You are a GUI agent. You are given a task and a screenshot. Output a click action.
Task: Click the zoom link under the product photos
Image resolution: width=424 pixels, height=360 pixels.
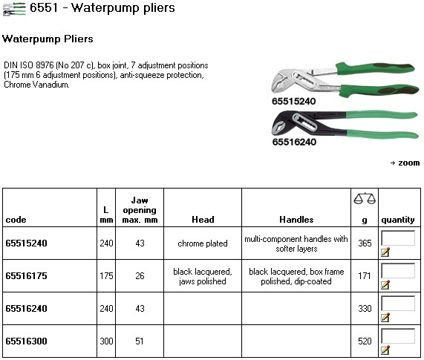pos(405,163)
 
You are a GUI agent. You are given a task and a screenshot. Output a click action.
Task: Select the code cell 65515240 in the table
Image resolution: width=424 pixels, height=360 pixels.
pos(26,243)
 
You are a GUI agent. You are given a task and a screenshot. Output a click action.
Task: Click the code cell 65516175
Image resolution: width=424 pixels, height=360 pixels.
pos(26,276)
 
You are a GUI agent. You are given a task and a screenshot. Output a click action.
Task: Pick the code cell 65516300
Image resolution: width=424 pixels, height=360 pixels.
pos(26,341)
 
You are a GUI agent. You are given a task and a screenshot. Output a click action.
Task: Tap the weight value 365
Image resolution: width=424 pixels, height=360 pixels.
pos(365,243)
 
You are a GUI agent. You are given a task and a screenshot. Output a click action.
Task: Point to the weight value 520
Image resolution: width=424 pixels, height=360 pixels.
pos(365,341)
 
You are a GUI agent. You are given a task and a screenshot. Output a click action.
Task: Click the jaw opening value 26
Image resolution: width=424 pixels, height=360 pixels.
pos(140,276)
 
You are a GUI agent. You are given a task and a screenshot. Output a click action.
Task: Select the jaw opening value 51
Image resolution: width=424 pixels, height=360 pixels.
pos(140,341)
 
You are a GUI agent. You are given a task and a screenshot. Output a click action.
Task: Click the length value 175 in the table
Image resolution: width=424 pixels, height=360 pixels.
pos(106,276)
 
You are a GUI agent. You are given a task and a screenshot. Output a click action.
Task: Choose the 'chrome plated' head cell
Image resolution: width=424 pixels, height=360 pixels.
pos(203,243)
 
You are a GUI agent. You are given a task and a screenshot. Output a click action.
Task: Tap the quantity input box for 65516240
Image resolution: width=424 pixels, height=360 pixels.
pos(398,304)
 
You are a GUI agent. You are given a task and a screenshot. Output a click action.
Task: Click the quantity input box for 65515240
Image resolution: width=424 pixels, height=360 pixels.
pos(398,238)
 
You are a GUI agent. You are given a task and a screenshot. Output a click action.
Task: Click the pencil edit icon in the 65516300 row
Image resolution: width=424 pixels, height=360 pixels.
pos(385,350)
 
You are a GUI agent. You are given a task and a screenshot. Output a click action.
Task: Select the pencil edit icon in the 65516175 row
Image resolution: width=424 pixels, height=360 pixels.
pos(385,284)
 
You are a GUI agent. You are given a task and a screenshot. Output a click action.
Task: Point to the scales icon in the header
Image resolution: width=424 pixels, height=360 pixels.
pos(365,199)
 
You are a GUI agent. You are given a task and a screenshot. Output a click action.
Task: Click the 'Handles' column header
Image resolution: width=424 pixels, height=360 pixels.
pos(296,220)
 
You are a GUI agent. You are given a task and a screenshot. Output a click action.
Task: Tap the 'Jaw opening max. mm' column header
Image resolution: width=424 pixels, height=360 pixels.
pos(140,210)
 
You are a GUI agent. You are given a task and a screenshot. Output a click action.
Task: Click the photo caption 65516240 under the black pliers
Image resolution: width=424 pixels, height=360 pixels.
pos(294,142)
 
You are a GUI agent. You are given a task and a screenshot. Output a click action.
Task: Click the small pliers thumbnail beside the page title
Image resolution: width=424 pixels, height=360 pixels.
pos(14,9)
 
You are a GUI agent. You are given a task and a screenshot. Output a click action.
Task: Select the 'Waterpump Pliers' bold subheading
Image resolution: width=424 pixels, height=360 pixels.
pos(48,39)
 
